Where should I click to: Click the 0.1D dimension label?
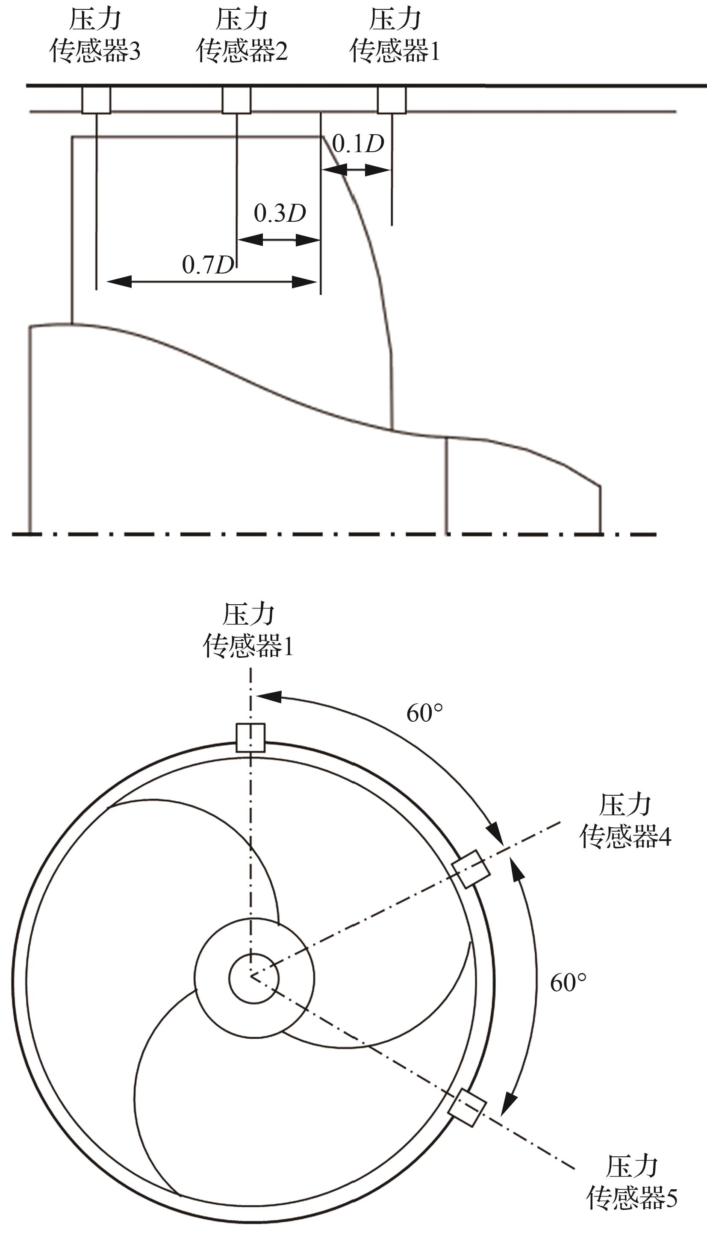[x=358, y=143]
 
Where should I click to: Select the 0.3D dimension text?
[x=280, y=213]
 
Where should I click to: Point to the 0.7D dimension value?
[x=208, y=265]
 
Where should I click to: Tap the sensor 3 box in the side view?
[x=96, y=100]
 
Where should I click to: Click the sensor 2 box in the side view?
[x=236, y=100]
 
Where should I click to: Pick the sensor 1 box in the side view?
[x=392, y=100]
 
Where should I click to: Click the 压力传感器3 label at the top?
[x=95, y=35]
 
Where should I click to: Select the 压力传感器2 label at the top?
[x=242, y=35]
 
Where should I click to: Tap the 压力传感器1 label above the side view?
[x=395, y=35]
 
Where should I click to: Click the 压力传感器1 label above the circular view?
[x=248, y=630]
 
